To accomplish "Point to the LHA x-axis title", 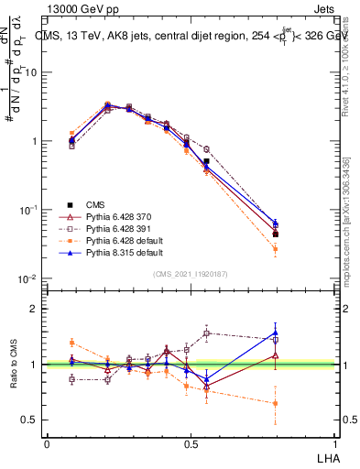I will click(326, 457).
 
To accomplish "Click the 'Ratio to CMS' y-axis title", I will click(12, 365).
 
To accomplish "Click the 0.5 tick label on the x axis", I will click(190, 442).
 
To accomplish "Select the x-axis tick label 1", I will click(335, 442).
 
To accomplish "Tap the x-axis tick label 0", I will click(47, 442).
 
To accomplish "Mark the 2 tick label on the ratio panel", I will click(35, 309).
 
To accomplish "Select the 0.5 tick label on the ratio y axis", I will click(31, 420).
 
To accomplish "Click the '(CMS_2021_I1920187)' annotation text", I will click(191, 273).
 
